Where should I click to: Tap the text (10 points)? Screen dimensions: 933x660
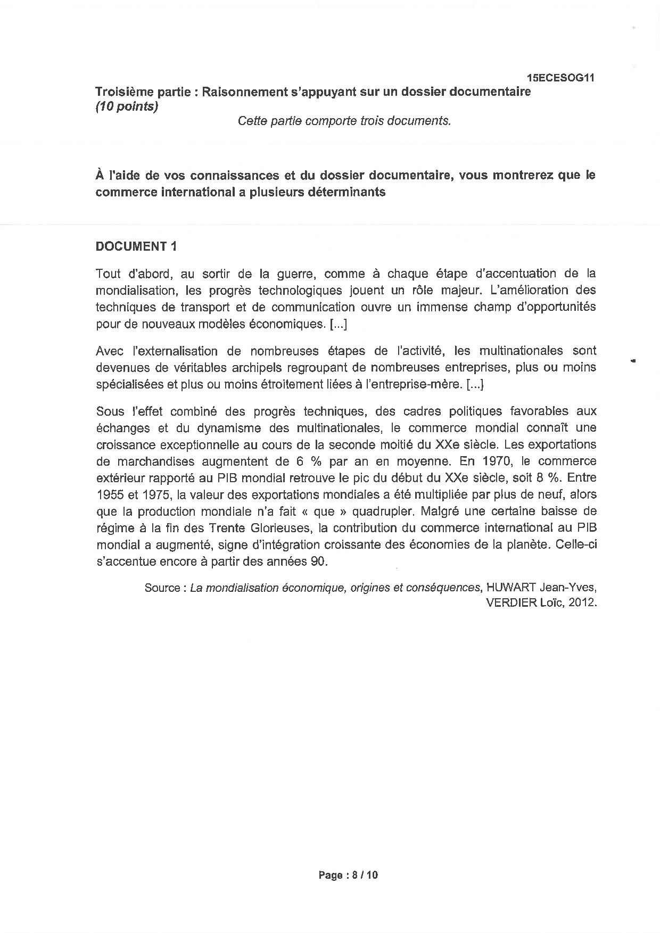(x=127, y=106)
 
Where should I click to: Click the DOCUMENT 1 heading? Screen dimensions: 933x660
(x=136, y=246)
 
